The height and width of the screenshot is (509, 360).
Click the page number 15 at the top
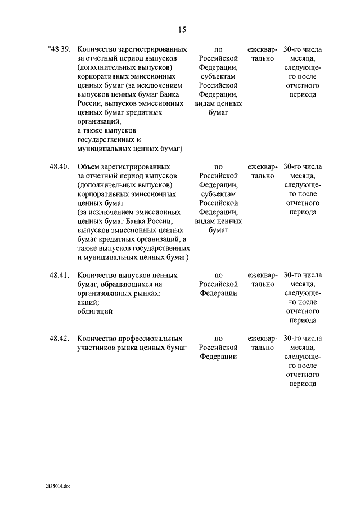pos(182,30)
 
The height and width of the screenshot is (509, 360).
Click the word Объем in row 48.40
pos(88,167)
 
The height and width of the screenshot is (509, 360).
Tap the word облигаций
pos(95,311)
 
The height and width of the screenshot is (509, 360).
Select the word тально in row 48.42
pos(263,348)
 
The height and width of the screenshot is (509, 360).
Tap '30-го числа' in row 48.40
pos(303,167)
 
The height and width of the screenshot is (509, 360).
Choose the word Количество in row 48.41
pos(97,276)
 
